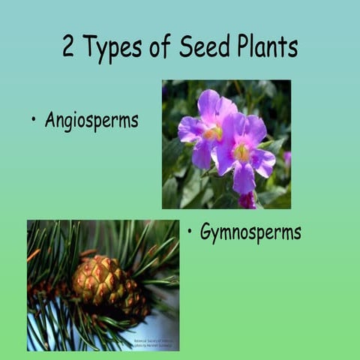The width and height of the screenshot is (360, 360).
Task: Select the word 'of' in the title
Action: pyautogui.click(x=163, y=47)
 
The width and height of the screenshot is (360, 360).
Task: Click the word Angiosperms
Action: pyautogui.click(x=91, y=121)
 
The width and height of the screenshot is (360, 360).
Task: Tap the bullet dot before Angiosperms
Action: pyautogui.click(x=34, y=120)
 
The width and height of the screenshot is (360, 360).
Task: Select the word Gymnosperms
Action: pyautogui.click(x=250, y=232)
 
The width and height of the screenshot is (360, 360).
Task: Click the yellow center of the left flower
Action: pyautogui.click(x=213, y=133)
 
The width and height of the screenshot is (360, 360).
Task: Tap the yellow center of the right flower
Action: pyautogui.click(x=242, y=152)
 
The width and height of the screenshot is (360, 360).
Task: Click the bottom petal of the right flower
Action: pyautogui.click(x=244, y=179)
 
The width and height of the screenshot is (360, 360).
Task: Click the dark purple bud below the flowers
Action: pyautogui.click(x=247, y=200)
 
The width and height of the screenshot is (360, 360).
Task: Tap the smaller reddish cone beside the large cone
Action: pyautogui.click(x=136, y=301)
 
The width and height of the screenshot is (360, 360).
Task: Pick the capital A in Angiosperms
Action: pyautogui.click(x=50, y=120)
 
